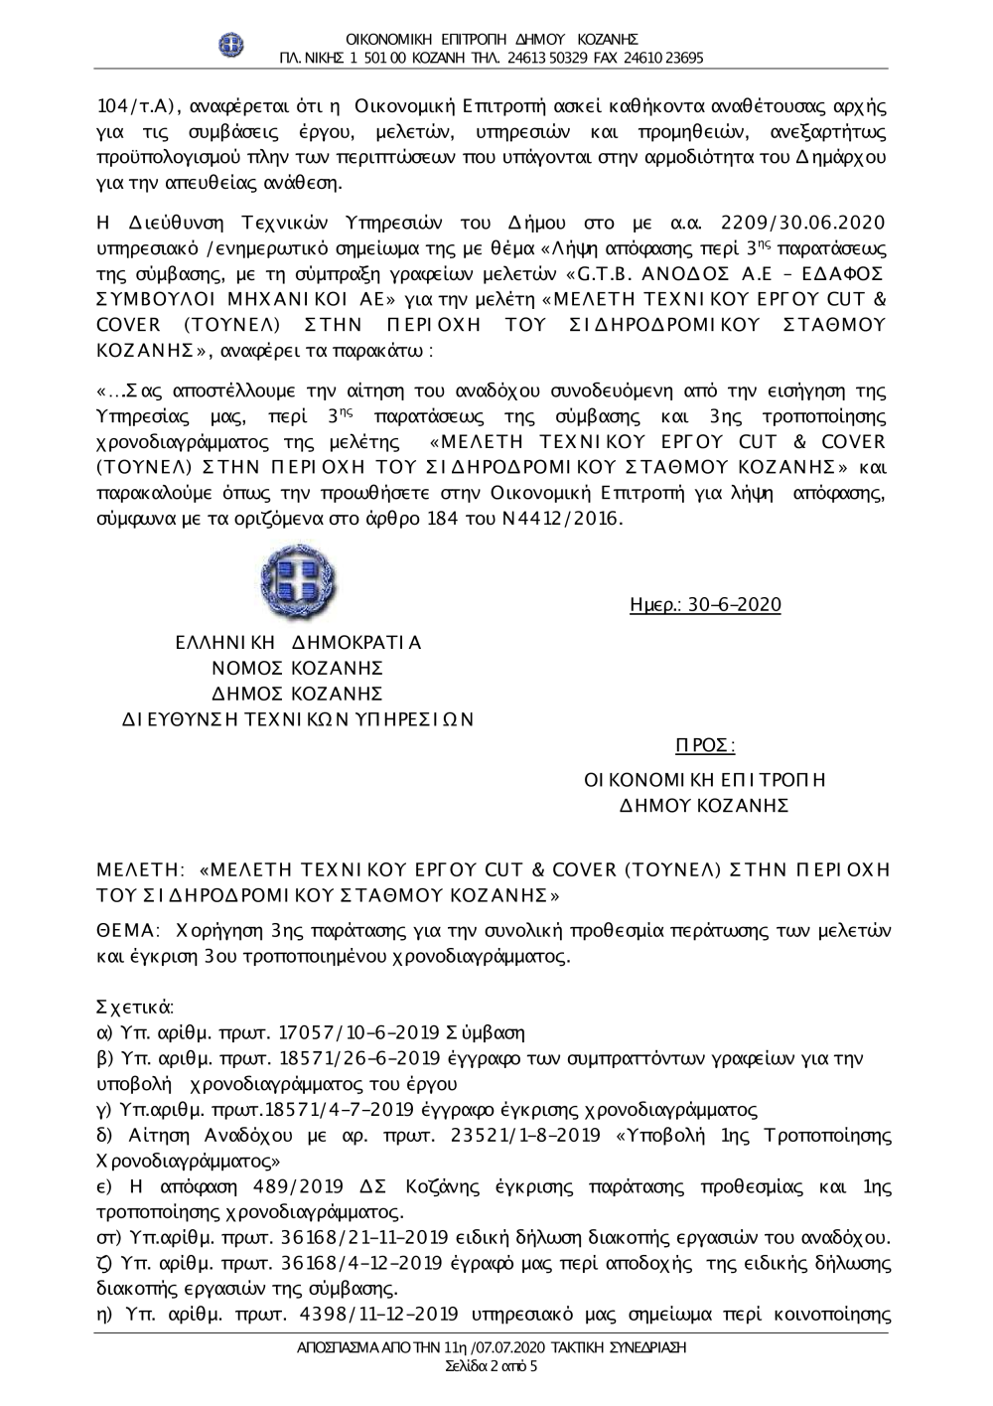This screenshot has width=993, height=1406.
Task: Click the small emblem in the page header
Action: (x=231, y=45)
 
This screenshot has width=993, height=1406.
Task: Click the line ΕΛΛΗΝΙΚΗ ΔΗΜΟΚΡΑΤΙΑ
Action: (x=298, y=643)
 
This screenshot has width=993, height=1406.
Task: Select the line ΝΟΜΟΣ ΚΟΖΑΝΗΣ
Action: (x=298, y=668)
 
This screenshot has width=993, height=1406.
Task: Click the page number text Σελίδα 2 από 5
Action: (x=492, y=1366)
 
